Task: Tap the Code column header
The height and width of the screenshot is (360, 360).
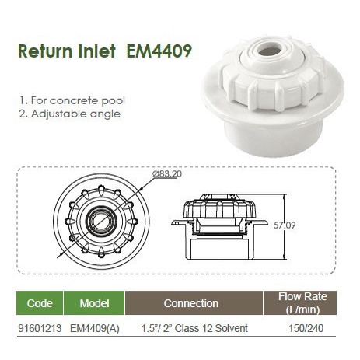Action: point(40,302)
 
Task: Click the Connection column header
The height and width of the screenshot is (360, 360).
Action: point(191,302)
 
